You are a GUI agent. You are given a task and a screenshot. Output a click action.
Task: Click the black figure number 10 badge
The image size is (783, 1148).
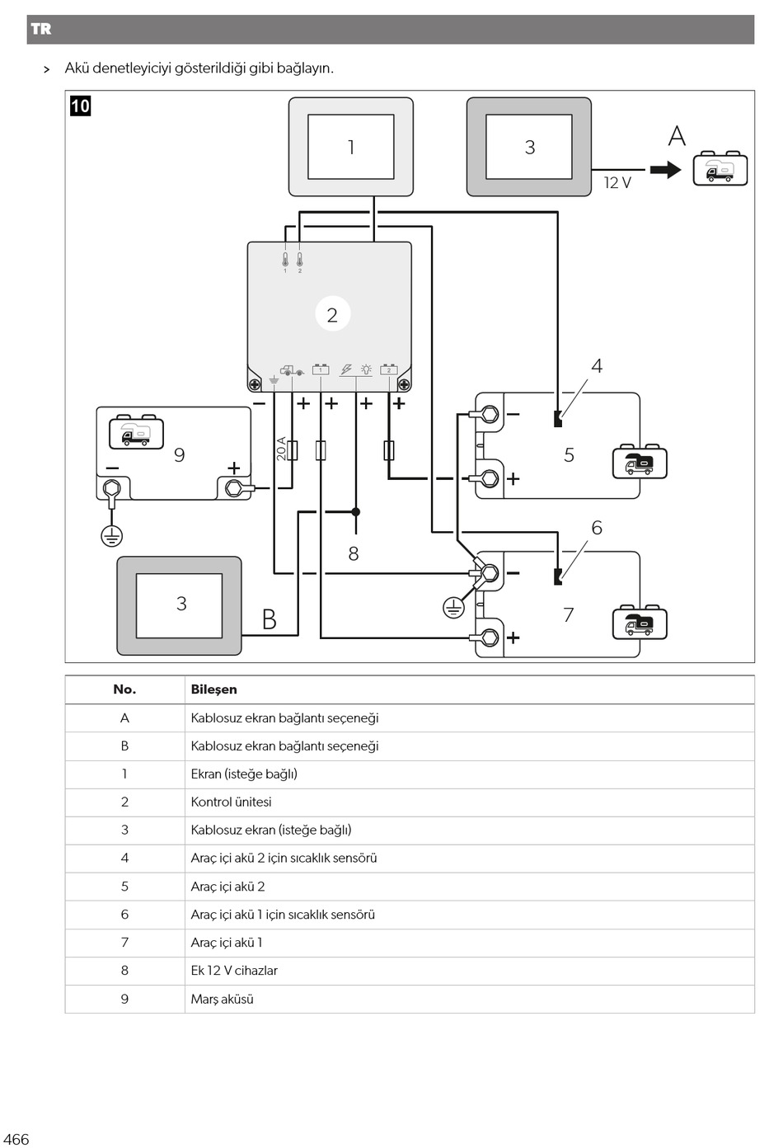click(x=81, y=106)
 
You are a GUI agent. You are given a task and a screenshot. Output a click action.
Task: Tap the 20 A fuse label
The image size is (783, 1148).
click(x=281, y=449)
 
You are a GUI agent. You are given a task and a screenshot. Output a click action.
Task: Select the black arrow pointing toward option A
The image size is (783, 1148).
click(x=666, y=170)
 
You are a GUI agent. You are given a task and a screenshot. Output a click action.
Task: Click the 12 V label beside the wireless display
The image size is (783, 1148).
click(x=617, y=183)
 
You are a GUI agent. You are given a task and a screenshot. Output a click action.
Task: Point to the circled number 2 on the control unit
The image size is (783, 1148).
click(x=332, y=314)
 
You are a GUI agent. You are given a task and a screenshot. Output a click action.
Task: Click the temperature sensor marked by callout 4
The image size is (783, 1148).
click(x=558, y=419)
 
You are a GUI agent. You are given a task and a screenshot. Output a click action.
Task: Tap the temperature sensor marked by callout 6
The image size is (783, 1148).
click(x=558, y=576)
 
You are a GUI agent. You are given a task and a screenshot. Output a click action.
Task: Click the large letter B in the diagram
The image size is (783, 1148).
click(x=270, y=619)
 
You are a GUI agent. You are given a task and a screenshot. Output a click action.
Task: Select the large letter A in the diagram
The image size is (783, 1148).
click(x=677, y=136)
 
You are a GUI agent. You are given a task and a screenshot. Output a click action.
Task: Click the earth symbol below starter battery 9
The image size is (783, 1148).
click(x=111, y=536)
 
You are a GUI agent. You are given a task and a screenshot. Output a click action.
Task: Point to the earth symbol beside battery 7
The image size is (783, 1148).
click(x=453, y=609)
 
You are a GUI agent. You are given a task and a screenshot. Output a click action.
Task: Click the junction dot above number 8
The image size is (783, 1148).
click(x=356, y=511)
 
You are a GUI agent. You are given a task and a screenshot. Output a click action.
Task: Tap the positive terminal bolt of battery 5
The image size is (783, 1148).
click(x=490, y=478)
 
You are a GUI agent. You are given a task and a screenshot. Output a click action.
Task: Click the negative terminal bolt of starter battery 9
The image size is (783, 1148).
click(x=111, y=487)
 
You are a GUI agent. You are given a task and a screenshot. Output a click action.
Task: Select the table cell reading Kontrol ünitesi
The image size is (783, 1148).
click(x=231, y=802)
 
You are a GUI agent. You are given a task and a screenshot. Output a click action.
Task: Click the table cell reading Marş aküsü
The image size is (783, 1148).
click(x=223, y=999)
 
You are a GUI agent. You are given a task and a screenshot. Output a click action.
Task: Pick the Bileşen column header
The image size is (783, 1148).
click(x=214, y=689)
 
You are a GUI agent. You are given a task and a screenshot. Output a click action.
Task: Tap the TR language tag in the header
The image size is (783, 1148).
click(x=41, y=29)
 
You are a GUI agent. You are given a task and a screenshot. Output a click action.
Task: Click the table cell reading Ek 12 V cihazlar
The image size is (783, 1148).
click(x=234, y=971)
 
